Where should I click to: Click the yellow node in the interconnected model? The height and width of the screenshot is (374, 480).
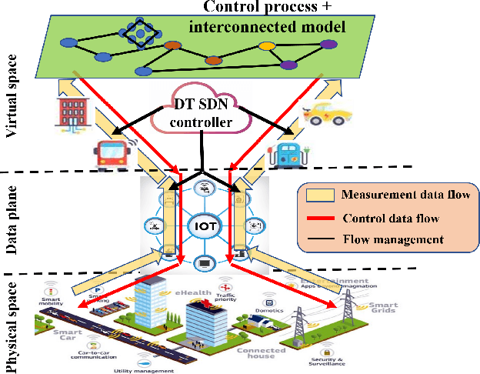[x=267, y=46]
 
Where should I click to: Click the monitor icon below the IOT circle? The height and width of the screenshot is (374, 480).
[x=204, y=262]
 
